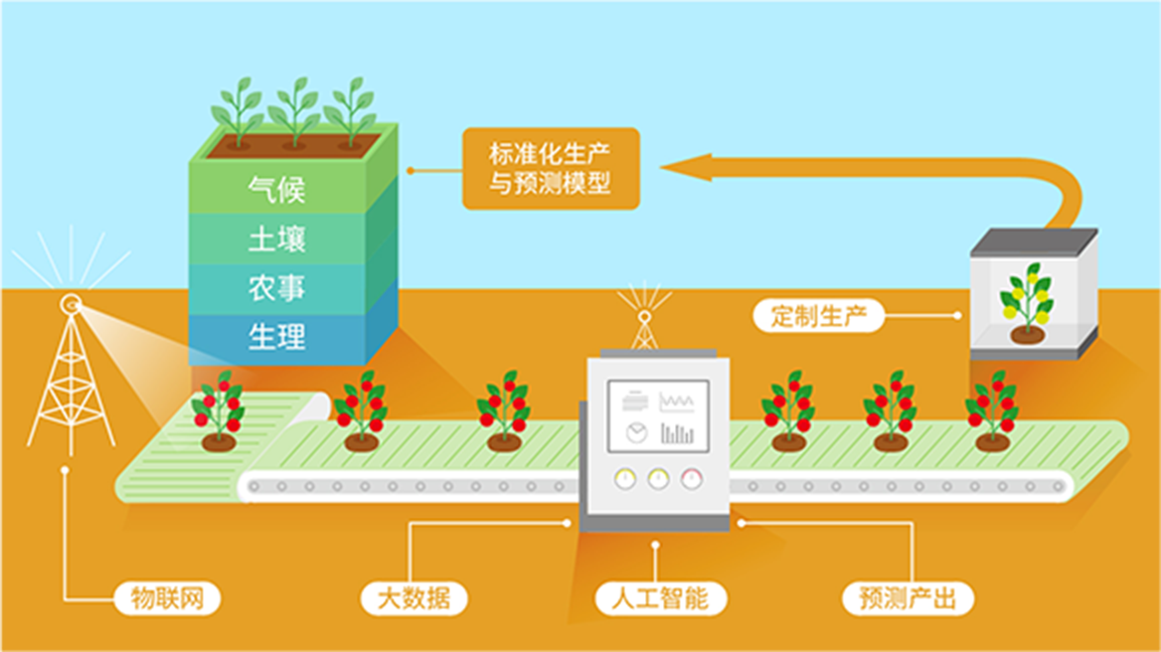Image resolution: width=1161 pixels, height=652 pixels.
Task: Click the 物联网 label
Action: pos(167,598)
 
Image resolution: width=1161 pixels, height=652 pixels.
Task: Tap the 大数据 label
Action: pos(414,598)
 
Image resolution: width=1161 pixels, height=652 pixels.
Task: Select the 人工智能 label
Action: pos(660,598)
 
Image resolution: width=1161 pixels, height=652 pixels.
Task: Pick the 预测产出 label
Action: pos(908,598)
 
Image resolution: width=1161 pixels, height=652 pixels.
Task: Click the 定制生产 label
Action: pos(819,316)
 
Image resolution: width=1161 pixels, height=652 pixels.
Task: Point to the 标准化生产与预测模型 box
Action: pos(551,169)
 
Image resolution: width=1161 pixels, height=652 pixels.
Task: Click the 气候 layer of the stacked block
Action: pos(277,190)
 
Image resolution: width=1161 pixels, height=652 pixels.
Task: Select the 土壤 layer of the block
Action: pos(277,240)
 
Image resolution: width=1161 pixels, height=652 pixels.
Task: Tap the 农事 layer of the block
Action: pos(277,288)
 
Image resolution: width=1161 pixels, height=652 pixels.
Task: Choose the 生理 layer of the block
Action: pos(277,338)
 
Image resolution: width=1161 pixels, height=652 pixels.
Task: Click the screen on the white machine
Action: pos(658,415)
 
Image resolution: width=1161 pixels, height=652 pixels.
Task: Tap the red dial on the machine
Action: pos(692,479)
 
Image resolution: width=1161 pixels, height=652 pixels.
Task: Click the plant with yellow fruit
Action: pos(1026,303)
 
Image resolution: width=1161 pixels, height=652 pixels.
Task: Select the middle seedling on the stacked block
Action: pos(294,112)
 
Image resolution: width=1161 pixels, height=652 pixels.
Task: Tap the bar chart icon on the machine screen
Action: pos(677,433)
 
